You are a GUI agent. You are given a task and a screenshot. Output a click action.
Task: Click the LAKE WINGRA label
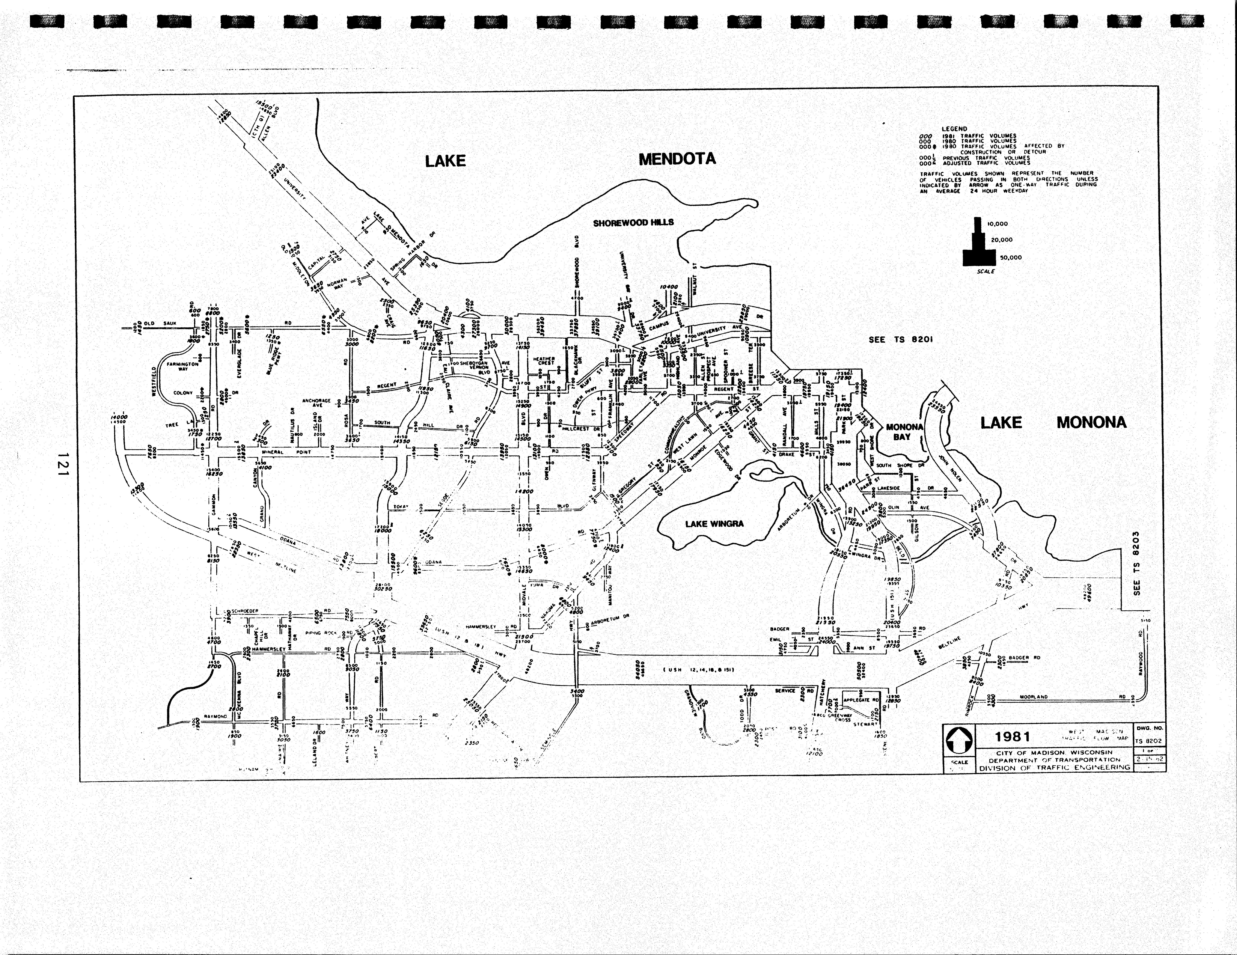[714, 524]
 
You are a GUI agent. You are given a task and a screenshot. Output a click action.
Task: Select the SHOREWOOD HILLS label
[633, 223]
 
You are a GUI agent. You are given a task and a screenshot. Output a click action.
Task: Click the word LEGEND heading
[954, 129]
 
